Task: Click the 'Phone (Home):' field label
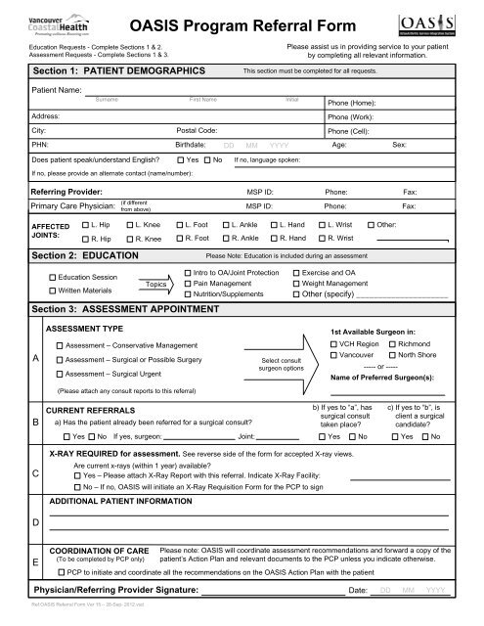(x=354, y=102)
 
